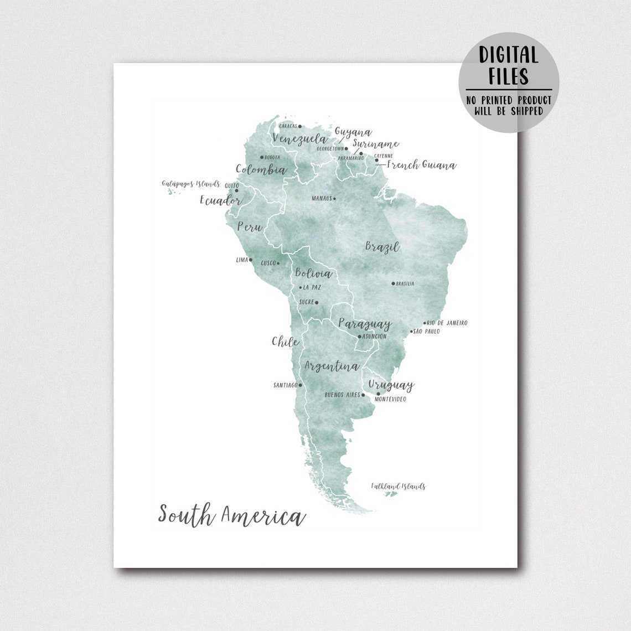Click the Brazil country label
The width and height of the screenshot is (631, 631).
(382, 247)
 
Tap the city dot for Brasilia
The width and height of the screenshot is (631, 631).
(394, 283)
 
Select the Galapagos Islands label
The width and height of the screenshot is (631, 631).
(191, 184)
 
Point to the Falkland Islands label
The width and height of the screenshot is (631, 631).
(399, 487)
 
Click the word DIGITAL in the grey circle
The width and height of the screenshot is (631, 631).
(509, 55)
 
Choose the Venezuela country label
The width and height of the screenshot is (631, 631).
(300, 138)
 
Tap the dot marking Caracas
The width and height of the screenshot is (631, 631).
(300, 126)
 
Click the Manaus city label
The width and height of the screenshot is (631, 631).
(321, 198)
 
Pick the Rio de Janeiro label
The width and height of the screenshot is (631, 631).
(447, 323)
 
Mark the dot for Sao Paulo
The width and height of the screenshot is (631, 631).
(411, 332)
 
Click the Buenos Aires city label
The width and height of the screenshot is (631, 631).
(342, 395)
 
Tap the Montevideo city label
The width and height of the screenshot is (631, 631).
(390, 399)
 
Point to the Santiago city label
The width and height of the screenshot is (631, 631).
(286, 385)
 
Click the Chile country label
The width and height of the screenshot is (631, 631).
(286, 342)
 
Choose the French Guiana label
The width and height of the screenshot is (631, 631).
(421, 165)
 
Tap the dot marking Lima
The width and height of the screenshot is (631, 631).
(250, 260)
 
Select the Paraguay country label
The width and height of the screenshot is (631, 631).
(365, 324)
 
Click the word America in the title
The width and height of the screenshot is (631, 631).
(263, 516)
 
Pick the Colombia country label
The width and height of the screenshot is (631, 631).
(261, 170)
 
